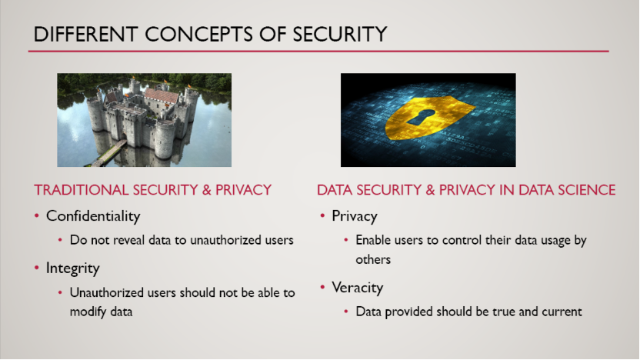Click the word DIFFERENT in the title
pos(85,34)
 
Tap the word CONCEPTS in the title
pos(198,34)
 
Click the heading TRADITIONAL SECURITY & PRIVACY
pos(152,190)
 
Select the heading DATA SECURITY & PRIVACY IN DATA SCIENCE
pos(466,190)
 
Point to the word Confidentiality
pos(93,216)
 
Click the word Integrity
pos(72,268)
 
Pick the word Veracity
pos(358,288)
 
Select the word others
pos(373,259)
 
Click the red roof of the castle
pos(162,95)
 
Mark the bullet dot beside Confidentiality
pos(37,215)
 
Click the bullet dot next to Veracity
pos(322,288)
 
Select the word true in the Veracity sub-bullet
pos(504,312)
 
